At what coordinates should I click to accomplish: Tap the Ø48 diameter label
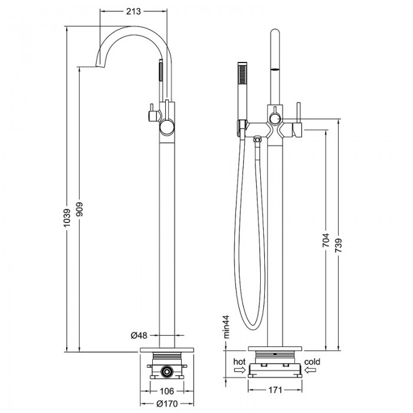[138, 335]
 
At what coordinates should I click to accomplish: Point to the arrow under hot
[238, 370]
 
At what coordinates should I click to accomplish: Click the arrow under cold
[312, 370]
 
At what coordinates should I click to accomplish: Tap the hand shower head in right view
[241, 88]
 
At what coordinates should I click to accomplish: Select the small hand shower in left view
[158, 80]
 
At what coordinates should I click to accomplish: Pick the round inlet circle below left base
[167, 372]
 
